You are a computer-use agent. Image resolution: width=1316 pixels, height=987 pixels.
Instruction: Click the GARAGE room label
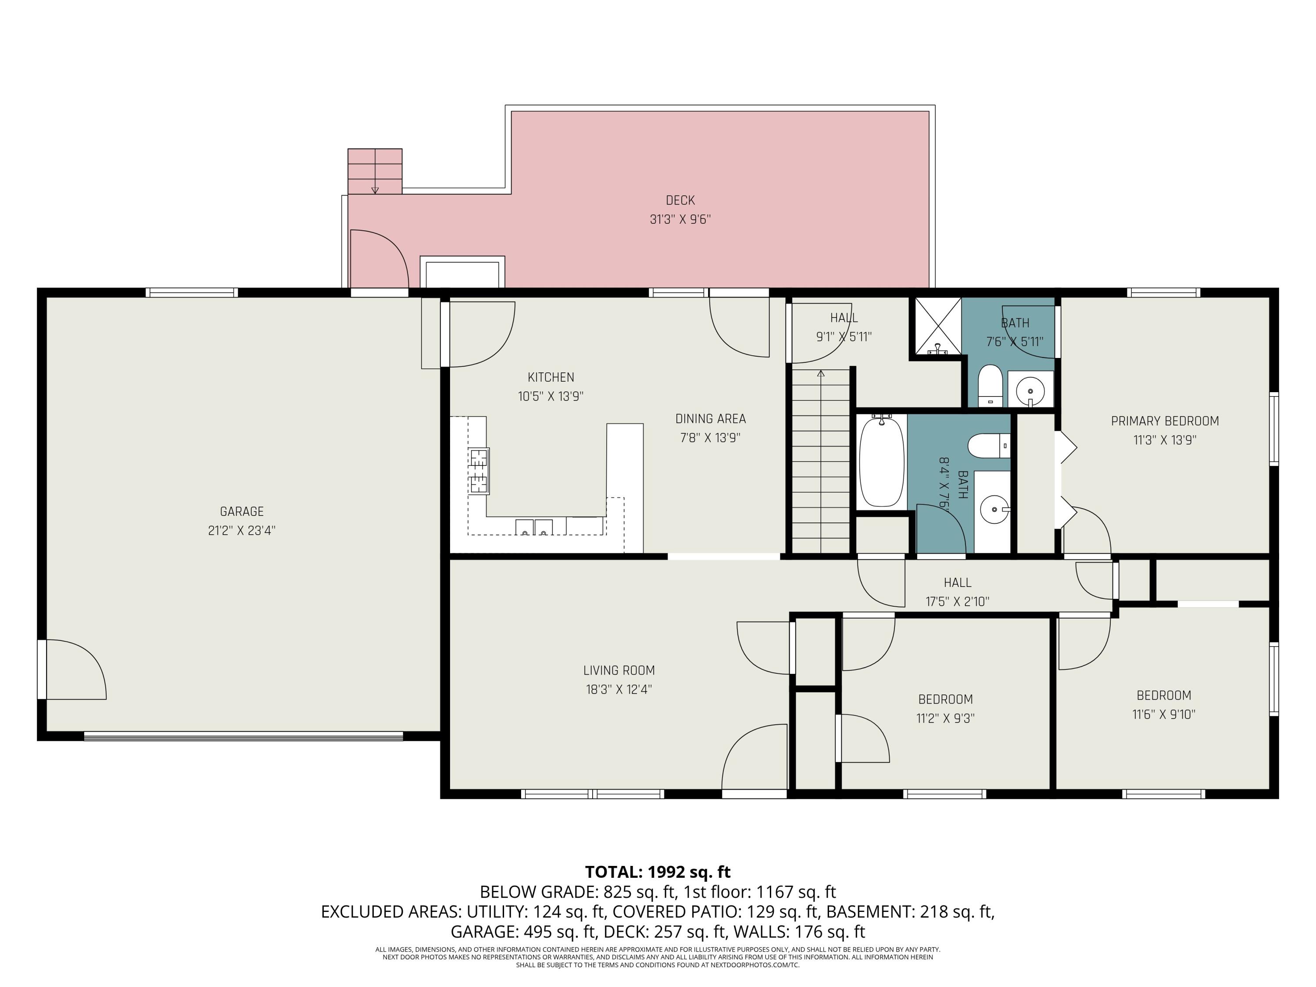242,511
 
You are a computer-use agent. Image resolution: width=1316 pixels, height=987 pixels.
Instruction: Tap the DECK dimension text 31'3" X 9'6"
680,219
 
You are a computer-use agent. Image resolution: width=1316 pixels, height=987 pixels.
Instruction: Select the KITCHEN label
551,377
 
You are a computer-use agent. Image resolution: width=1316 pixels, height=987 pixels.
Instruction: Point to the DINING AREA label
710,419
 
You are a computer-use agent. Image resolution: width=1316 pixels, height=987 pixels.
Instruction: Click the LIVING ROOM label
619,670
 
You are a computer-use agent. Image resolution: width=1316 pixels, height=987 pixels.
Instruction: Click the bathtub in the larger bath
882,461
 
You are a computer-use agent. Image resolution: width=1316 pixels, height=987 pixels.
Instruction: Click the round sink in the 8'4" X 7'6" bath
994,509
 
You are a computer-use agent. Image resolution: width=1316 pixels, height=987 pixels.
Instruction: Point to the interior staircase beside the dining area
821,461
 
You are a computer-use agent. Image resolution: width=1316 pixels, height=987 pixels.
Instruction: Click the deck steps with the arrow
375,172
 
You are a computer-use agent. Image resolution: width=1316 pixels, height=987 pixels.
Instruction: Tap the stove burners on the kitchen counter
479,472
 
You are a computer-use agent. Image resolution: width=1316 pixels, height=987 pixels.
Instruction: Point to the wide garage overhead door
243,736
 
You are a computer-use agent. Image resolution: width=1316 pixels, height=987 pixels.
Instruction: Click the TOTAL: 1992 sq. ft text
658,872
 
